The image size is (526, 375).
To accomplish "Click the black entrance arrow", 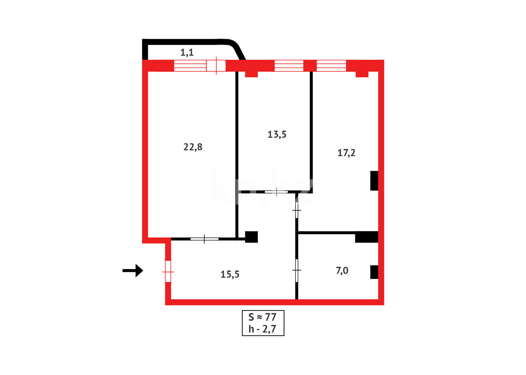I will tap(133, 270).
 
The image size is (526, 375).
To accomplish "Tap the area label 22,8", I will tap(193, 147).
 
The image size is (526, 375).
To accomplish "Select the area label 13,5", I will tap(277, 134).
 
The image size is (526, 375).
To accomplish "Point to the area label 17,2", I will tap(346, 153).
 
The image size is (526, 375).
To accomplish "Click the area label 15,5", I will tap(230, 275).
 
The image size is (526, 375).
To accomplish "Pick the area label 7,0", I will tap(342, 270).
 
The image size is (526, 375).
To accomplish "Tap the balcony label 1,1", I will tap(187, 52).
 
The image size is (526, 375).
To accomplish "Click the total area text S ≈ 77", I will tap(263, 317).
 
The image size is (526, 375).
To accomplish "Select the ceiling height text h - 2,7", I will tap(263, 329).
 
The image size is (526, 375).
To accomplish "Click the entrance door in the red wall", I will tap(168, 272).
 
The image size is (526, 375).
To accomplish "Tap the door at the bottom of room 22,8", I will tap(204, 239).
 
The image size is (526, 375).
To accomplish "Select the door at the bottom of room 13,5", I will tap(276, 192).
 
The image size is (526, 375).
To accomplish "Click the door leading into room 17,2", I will tap(297, 210).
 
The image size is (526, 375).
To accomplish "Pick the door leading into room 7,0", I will tap(297, 270).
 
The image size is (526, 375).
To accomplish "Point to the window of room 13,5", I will tap(289, 66).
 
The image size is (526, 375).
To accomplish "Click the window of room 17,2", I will tap(331, 66).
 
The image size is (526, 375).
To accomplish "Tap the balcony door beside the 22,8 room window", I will tap(216, 66).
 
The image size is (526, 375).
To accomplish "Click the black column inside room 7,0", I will tap(374, 272).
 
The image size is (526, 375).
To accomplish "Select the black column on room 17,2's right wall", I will tap(374, 181).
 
